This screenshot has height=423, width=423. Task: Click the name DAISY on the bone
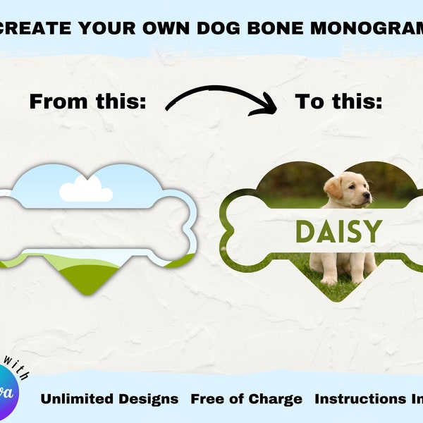pos(338,231)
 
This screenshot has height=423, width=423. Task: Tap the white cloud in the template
pos(85,190)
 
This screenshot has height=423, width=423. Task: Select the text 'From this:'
pos(87,102)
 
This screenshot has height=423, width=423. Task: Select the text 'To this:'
pos(338,102)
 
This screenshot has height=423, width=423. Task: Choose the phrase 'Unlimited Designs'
pos(109,399)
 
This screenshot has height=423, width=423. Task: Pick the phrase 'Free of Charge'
pos(246,399)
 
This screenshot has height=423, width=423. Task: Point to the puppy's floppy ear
pos(333,188)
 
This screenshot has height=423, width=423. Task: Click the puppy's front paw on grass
pos(329,280)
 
